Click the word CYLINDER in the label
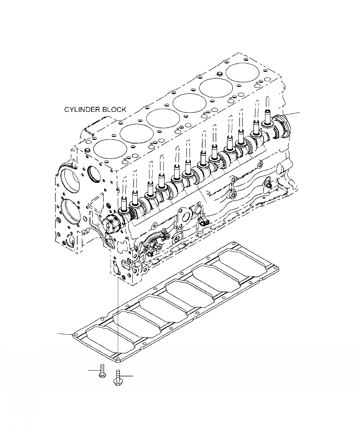point(80,110)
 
